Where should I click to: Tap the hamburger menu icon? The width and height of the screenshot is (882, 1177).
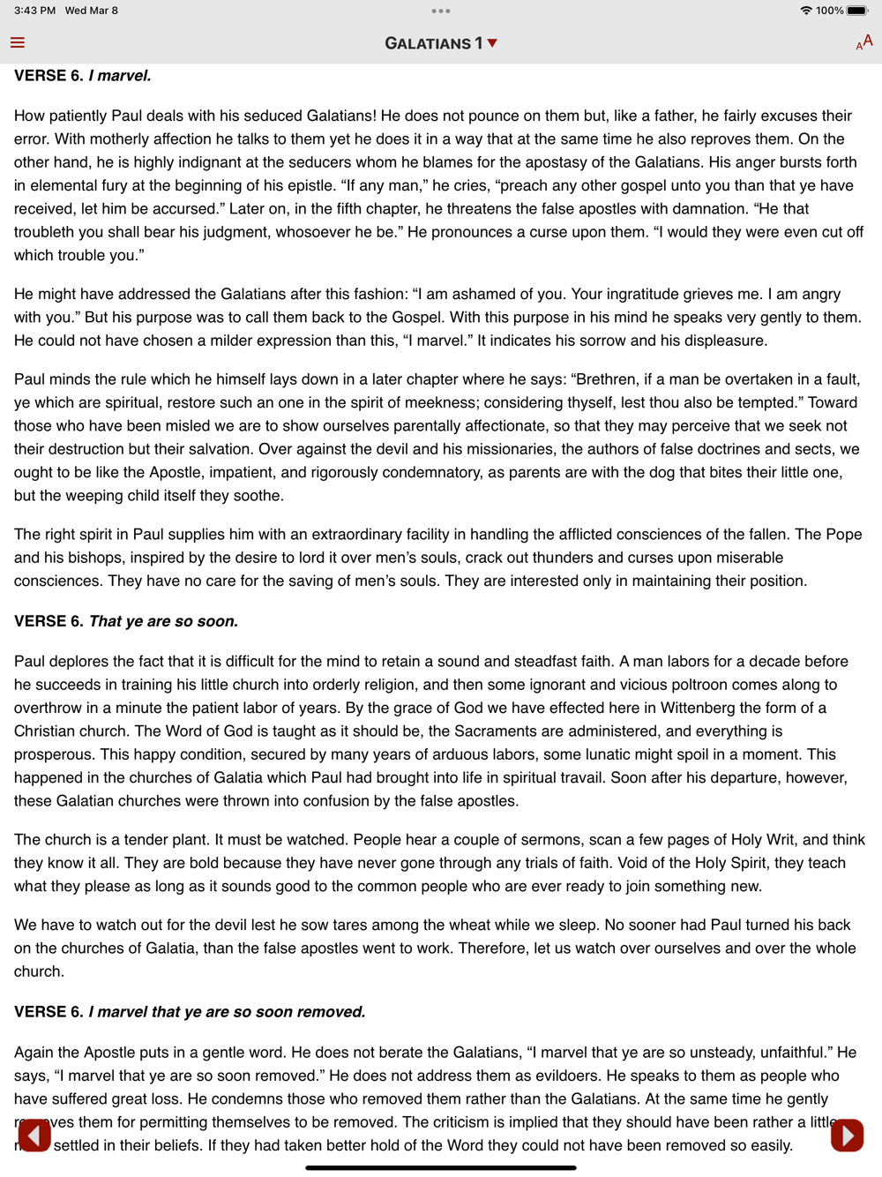(x=18, y=42)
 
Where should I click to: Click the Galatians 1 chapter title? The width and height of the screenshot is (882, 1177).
(x=433, y=43)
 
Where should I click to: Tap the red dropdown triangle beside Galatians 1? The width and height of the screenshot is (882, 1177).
(x=492, y=42)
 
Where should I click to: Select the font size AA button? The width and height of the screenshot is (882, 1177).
(x=863, y=42)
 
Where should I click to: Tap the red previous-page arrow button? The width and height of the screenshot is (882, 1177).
(x=34, y=1136)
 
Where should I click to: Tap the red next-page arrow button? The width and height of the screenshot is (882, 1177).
(x=847, y=1136)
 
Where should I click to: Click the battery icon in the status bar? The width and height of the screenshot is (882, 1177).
(x=857, y=11)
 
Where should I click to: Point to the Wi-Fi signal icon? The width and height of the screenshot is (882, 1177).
(x=805, y=11)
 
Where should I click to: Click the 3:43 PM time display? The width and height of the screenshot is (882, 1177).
(x=34, y=11)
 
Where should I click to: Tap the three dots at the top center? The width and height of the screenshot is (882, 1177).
(x=441, y=11)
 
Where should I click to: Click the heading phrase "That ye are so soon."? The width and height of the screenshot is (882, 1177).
(x=163, y=621)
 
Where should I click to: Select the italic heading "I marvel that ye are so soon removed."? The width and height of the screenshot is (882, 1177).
(x=227, y=1012)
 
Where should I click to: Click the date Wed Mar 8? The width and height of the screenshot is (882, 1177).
(x=91, y=11)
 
